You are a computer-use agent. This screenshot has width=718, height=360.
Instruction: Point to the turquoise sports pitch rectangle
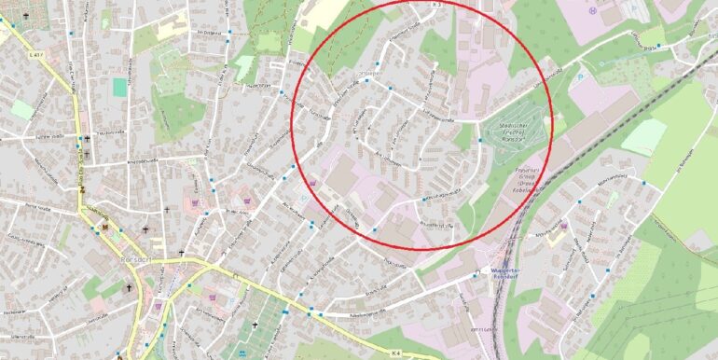point(119,87)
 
